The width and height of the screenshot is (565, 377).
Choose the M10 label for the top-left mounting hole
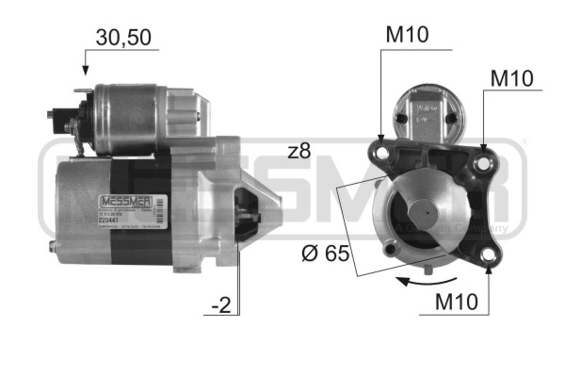point(407,36)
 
